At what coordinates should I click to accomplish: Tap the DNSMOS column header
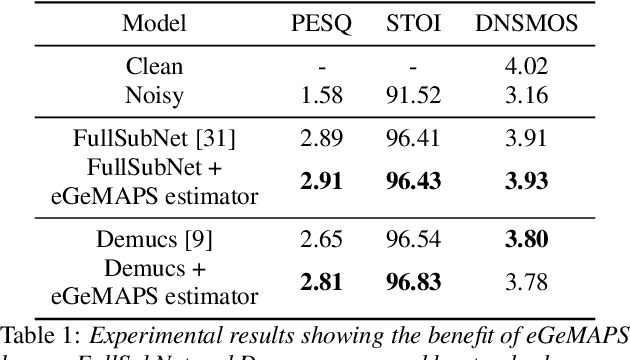point(525,24)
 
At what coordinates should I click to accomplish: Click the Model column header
point(154,24)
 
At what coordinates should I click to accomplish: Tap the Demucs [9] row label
point(154,240)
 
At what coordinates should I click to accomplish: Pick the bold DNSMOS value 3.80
point(525,240)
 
